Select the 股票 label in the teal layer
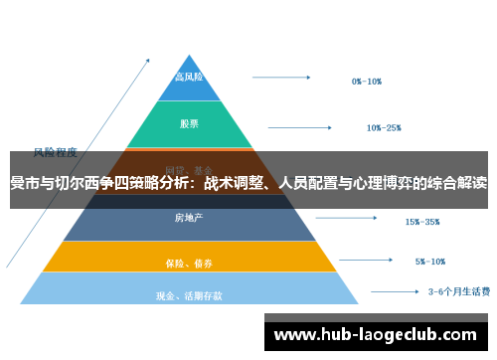(x=189, y=124)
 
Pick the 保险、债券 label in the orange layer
(x=189, y=263)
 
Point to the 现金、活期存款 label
(x=189, y=295)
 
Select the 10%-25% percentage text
(x=383, y=127)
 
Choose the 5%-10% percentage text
(x=429, y=262)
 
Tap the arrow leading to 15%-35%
(x=344, y=218)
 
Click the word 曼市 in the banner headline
(x=25, y=183)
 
